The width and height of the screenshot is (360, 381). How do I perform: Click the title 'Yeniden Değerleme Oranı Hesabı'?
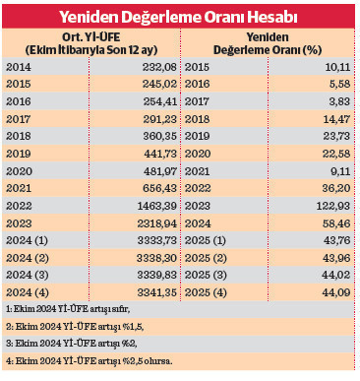[180, 17]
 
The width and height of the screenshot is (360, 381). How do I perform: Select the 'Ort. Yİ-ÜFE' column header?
[93, 43]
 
